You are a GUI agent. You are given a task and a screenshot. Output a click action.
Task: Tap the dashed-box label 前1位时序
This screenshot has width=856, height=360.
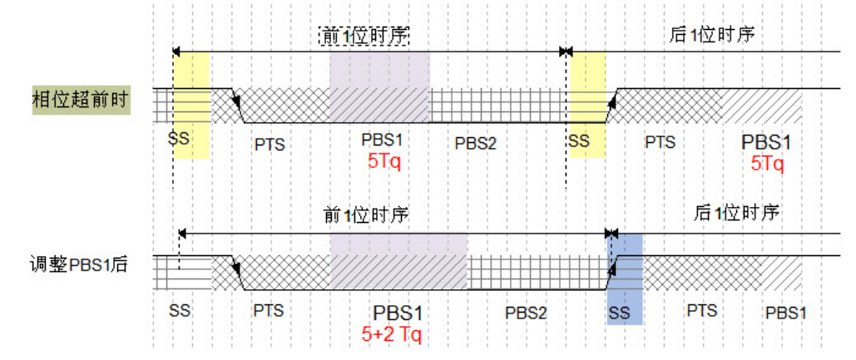(x=367, y=35)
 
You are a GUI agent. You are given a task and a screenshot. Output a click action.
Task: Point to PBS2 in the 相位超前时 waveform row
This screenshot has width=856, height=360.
(x=476, y=142)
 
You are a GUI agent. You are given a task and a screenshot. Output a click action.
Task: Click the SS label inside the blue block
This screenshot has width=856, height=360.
(x=620, y=314)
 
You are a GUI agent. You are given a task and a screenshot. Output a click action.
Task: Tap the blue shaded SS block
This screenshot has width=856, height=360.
(x=625, y=279)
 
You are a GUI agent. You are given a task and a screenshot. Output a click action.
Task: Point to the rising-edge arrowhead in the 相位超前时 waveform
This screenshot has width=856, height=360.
(x=610, y=101)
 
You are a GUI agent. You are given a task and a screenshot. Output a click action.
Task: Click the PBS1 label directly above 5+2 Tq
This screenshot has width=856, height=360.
(x=398, y=313)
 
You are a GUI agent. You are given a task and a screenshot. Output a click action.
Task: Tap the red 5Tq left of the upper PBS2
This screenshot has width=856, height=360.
(x=384, y=161)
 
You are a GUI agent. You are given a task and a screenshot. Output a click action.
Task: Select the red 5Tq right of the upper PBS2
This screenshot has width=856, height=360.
(x=767, y=164)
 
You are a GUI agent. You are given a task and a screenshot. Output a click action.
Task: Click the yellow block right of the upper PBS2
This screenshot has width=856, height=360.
(x=587, y=104)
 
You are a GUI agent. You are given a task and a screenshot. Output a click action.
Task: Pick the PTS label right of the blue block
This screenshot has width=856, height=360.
(x=702, y=311)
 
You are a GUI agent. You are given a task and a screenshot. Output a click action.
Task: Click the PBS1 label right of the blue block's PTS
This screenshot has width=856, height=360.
(x=786, y=313)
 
